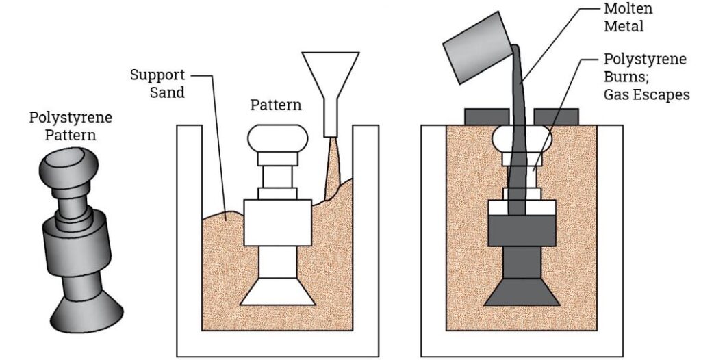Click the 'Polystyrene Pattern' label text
point(71,126)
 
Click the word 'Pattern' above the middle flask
point(276,106)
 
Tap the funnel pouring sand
point(331,75)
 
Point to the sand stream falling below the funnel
point(332,164)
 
